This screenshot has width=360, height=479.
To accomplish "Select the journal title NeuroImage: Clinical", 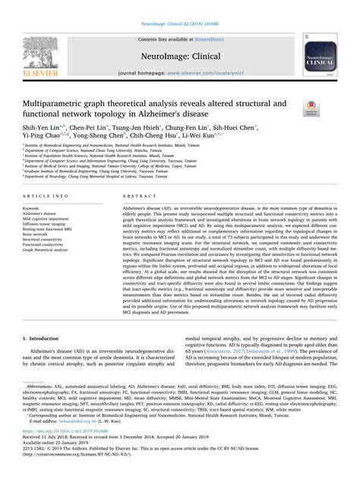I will click(x=179, y=54).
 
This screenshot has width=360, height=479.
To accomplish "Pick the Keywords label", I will click(x=35, y=207).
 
